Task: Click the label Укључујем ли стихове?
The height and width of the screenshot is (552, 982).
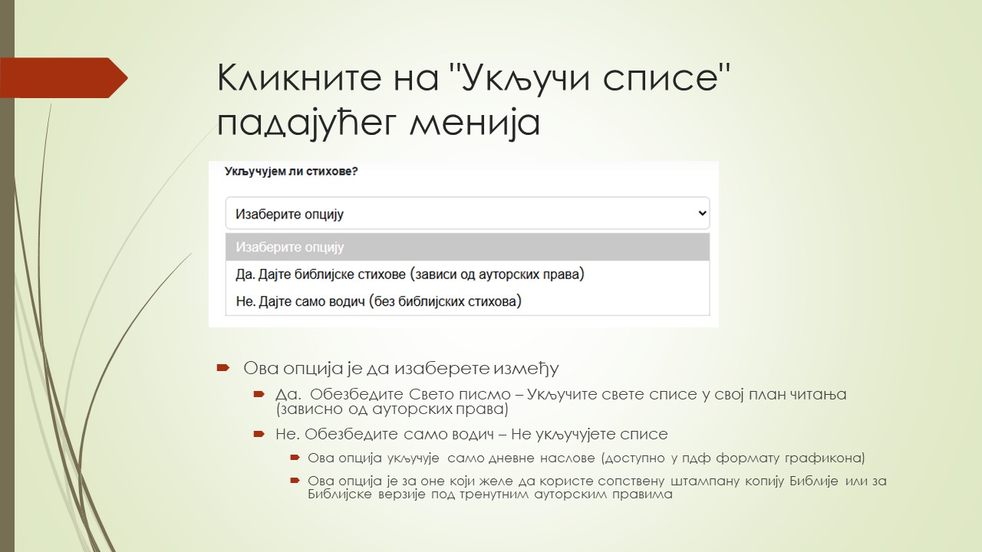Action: [x=291, y=172]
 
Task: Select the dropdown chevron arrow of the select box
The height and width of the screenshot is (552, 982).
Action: [x=701, y=214]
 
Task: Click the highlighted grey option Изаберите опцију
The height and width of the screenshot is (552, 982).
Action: [x=290, y=248]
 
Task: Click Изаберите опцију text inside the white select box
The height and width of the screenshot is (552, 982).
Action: [x=290, y=214]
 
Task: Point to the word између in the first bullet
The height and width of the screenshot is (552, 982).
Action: [x=526, y=368]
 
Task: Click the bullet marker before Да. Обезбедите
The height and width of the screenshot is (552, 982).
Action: [x=259, y=394]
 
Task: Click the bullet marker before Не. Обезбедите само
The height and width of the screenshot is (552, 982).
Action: [x=259, y=434]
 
